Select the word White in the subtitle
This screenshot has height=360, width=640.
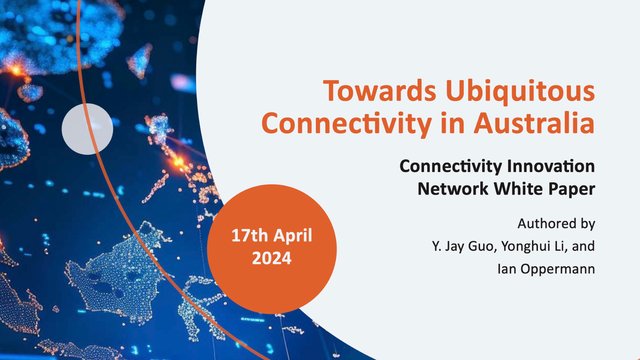[514, 187]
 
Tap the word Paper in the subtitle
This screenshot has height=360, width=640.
[571, 187]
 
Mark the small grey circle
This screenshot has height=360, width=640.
[87, 128]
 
